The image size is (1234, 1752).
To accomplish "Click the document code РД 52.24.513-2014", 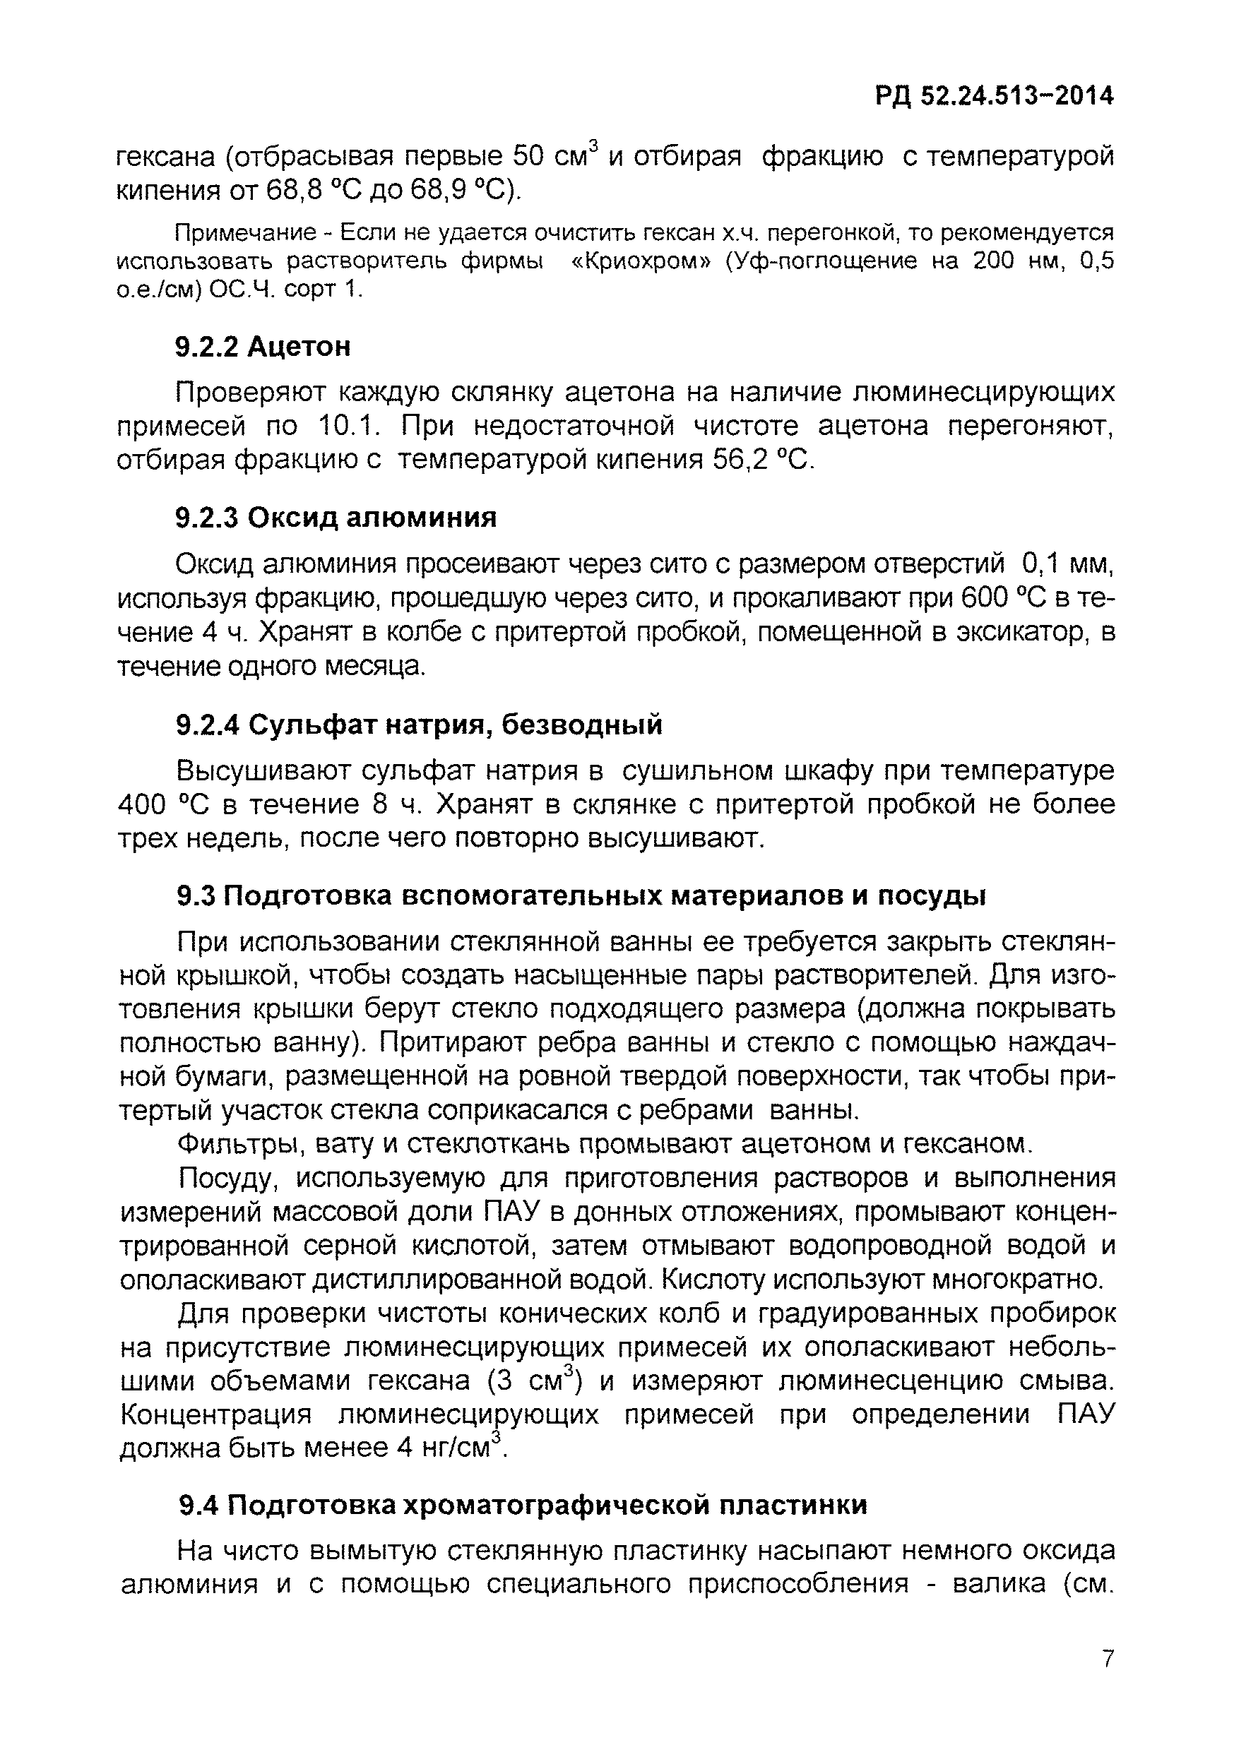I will click(x=995, y=96).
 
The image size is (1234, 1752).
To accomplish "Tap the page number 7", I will click(x=1108, y=1659).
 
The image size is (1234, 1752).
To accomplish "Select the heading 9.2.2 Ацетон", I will click(x=263, y=347).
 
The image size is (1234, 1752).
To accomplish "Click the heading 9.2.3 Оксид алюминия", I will click(x=336, y=518).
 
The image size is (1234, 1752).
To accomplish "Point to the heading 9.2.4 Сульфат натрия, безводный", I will click(x=419, y=724).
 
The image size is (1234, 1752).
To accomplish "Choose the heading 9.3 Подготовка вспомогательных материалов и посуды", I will click(x=581, y=895).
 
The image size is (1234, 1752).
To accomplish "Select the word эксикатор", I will click(x=995, y=633).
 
